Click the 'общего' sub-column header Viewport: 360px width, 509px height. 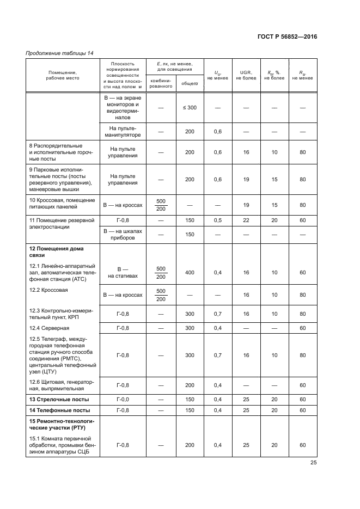[x=190, y=84]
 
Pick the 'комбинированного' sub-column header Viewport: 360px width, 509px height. [x=161, y=83]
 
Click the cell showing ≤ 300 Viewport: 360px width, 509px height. [x=190, y=108]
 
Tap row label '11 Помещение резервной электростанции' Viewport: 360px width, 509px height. [x=62, y=223]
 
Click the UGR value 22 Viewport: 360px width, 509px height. [x=246, y=220]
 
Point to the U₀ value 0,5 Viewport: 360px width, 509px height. [x=218, y=220]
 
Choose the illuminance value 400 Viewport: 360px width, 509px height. [x=190, y=272]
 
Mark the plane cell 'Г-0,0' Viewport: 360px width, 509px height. [x=123, y=400]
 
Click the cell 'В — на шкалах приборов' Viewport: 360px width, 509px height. [x=123, y=234]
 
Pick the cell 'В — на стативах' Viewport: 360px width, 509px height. [x=123, y=272]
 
